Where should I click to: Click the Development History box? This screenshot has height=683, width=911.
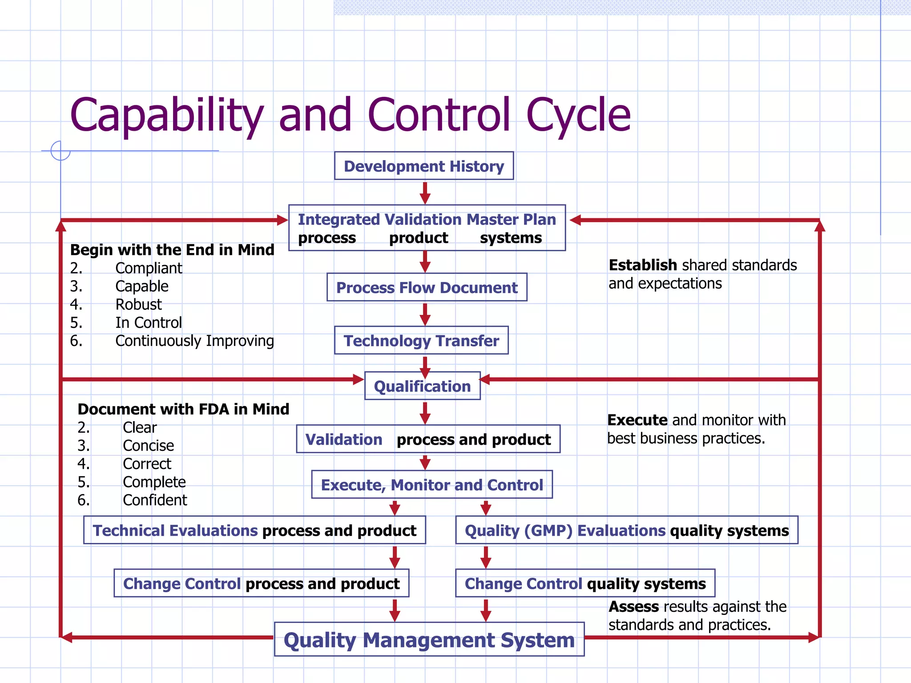click(424, 166)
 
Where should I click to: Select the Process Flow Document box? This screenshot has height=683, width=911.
click(427, 288)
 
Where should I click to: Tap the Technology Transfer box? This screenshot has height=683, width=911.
click(421, 341)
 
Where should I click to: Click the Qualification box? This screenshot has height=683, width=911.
click(422, 386)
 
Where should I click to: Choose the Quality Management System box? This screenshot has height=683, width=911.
click(429, 640)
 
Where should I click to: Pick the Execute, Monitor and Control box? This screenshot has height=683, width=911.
click(432, 485)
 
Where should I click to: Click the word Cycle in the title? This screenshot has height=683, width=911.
click(578, 116)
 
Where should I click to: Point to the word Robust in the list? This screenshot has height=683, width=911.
click(138, 305)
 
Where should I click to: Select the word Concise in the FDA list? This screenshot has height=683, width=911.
click(148, 446)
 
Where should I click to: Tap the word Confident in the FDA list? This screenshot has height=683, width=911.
click(155, 500)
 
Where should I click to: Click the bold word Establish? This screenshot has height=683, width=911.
click(642, 265)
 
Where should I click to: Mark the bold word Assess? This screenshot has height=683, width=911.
click(633, 607)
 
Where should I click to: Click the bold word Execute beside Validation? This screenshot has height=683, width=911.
click(637, 420)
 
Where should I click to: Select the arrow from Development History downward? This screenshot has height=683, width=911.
click(425, 192)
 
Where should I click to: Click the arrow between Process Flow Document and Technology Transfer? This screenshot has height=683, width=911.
click(425, 314)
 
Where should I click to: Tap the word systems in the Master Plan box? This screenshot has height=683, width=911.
click(511, 238)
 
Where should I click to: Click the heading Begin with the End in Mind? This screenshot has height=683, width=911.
click(172, 250)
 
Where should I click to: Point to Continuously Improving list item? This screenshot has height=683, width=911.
click(194, 341)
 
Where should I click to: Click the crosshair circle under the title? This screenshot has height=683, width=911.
click(60, 151)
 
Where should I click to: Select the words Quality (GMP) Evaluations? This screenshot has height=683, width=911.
click(565, 530)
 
